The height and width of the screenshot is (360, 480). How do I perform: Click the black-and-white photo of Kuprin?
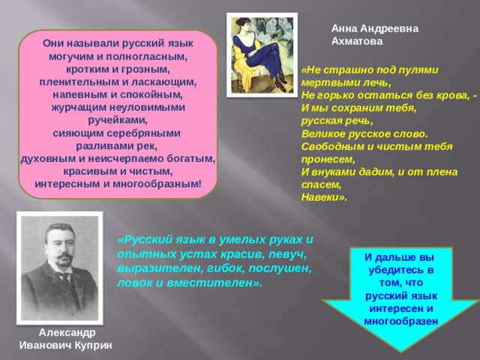click(59, 266)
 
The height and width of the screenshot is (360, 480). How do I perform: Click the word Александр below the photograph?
click(67, 331)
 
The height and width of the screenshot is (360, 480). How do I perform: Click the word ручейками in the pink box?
click(118, 120)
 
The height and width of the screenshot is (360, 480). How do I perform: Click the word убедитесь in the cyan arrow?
click(397, 270)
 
